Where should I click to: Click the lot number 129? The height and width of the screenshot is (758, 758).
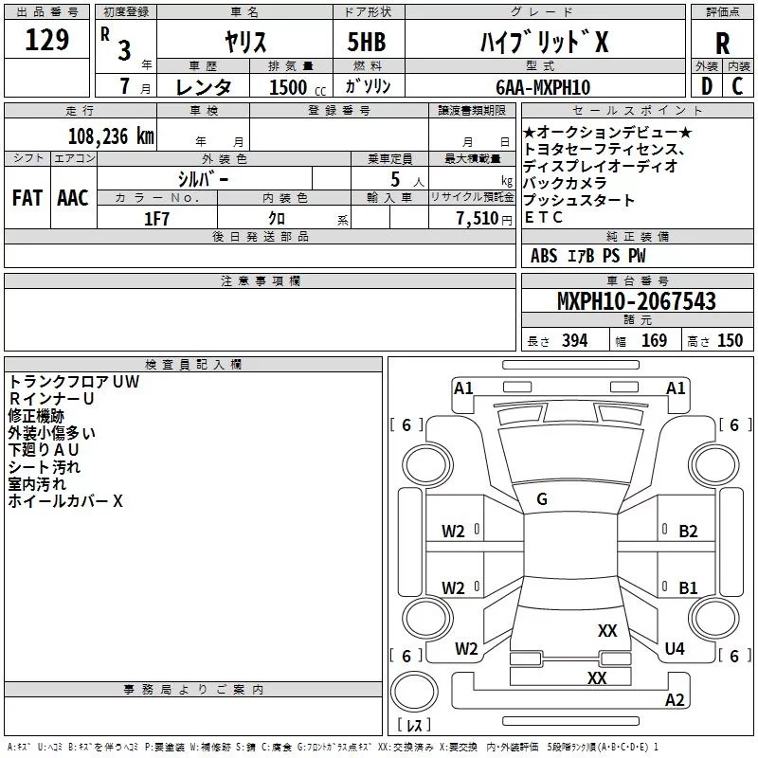point(46,40)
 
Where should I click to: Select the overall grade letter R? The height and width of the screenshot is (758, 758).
point(722,44)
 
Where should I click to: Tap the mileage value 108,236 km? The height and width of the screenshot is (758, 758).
point(111,136)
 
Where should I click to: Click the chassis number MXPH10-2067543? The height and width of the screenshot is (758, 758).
point(636,300)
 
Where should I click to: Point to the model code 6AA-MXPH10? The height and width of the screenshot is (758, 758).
point(543,87)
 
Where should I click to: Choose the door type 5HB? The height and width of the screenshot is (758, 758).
point(367,42)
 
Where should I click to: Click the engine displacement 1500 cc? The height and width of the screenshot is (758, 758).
point(298,87)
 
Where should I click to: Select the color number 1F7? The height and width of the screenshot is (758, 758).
point(156,219)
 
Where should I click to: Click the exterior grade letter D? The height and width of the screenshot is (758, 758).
point(707,86)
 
